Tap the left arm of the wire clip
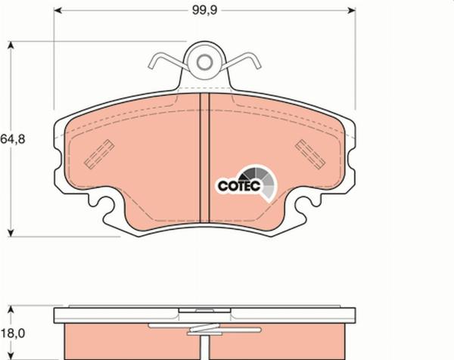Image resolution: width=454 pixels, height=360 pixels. (165, 61)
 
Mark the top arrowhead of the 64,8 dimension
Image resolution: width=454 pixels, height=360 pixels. (11, 45)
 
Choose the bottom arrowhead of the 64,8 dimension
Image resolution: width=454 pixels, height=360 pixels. (11, 231)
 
